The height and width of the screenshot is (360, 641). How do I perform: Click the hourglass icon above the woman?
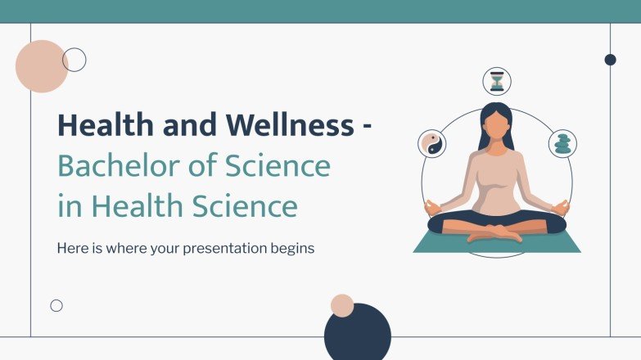pos(497,81)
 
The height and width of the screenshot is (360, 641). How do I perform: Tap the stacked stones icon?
pos(562,144)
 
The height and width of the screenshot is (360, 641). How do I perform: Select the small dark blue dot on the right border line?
pos(610,59)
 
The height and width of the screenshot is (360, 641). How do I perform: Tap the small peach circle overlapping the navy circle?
pos(342,306)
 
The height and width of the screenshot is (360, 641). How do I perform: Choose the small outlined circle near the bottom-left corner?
pos(56,305)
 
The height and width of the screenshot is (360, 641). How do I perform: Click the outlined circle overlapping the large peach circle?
pos(74,59)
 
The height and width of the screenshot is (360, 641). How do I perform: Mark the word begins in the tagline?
pos(294,248)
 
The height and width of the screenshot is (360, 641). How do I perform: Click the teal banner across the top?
pos(320,11)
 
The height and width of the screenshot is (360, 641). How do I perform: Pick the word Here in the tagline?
pos(71,248)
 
